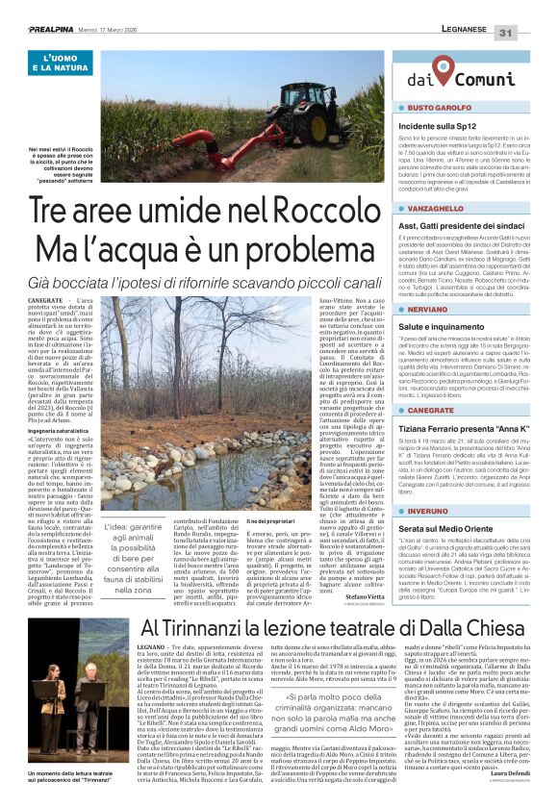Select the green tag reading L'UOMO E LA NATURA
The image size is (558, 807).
(61, 64)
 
